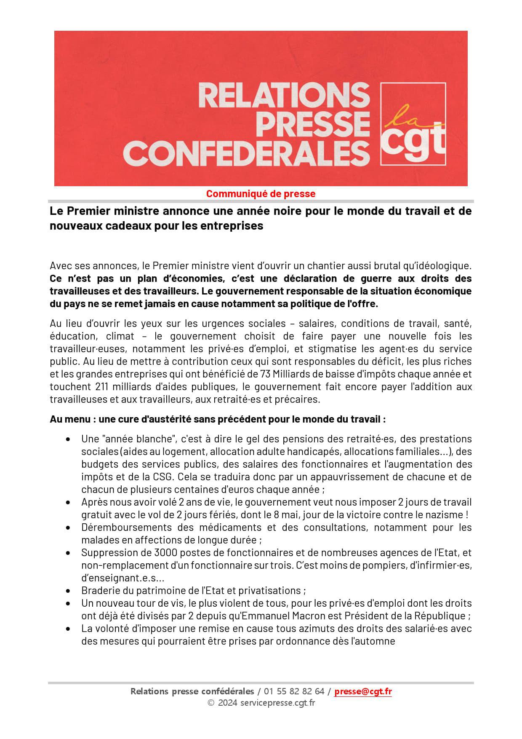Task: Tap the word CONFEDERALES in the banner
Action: tap(249, 153)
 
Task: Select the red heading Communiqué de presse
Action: tap(261, 194)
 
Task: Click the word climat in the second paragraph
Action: tap(120, 336)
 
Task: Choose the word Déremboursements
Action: tap(127, 527)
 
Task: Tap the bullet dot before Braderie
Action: tap(68, 591)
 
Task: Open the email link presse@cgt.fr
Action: tap(363, 691)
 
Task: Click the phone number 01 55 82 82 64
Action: tap(295, 691)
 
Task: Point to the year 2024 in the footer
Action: tap(227, 702)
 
